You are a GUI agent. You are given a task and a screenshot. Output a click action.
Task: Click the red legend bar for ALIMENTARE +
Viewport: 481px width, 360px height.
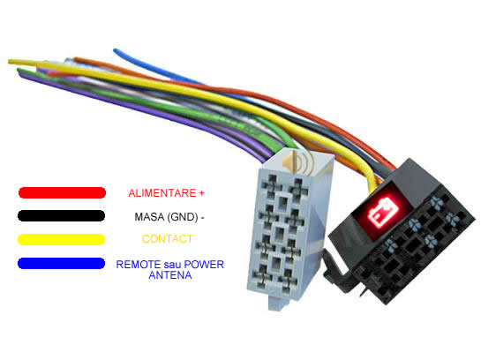(63, 192)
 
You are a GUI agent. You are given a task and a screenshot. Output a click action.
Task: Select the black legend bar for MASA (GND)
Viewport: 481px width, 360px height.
(62, 215)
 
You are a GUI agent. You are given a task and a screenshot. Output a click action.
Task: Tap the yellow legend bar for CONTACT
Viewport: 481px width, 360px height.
(62, 239)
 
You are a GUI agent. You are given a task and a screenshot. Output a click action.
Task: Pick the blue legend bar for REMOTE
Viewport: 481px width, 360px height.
(62, 264)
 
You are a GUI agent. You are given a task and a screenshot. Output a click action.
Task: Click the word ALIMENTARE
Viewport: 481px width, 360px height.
(162, 193)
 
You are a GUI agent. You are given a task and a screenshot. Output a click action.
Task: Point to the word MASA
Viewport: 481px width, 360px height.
(149, 217)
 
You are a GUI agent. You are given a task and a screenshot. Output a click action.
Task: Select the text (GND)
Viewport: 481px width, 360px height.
(183, 217)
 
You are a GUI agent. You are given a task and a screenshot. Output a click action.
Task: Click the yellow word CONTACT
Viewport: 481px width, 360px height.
(168, 239)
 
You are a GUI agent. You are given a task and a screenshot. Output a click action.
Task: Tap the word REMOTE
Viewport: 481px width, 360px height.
(139, 265)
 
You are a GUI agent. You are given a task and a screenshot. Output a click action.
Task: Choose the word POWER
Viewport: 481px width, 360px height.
(204, 265)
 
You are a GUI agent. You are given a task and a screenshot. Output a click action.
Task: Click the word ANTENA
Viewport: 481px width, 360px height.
(170, 275)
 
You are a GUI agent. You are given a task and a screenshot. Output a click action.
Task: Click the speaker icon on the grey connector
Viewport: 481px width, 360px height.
(298, 163)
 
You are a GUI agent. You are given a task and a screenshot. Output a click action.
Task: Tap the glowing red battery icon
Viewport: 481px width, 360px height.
(383, 212)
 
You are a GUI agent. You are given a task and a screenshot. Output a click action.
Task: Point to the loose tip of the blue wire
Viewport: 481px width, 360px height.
(115, 50)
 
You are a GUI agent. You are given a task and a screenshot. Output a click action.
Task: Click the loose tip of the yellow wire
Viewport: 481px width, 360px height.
(10, 62)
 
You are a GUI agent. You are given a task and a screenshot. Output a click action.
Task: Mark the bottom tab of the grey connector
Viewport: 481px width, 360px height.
(278, 302)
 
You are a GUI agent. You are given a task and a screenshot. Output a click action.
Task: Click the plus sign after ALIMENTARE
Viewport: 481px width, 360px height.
(201, 193)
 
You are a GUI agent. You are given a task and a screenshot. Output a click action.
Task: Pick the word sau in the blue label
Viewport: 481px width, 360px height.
(172, 265)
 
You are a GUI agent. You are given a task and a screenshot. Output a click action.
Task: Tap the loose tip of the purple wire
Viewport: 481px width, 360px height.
(22, 75)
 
